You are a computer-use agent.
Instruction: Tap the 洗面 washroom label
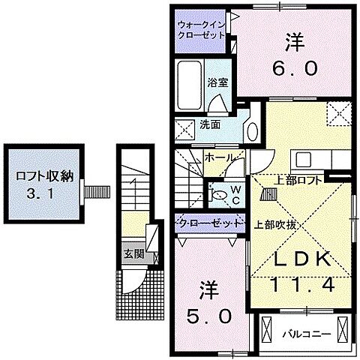coord(210,124)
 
